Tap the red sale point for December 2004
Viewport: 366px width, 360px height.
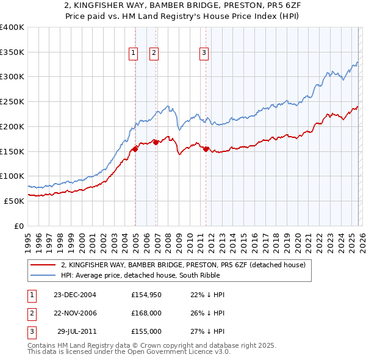(x=135, y=149)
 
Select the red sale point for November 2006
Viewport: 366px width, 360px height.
(x=156, y=142)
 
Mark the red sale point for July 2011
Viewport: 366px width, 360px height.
(x=206, y=149)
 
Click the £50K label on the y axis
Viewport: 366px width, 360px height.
(x=14, y=201)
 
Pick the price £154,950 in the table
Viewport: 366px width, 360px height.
(x=146, y=295)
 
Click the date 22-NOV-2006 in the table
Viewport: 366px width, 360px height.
(x=75, y=313)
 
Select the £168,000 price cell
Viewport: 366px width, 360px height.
(x=146, y=313)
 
